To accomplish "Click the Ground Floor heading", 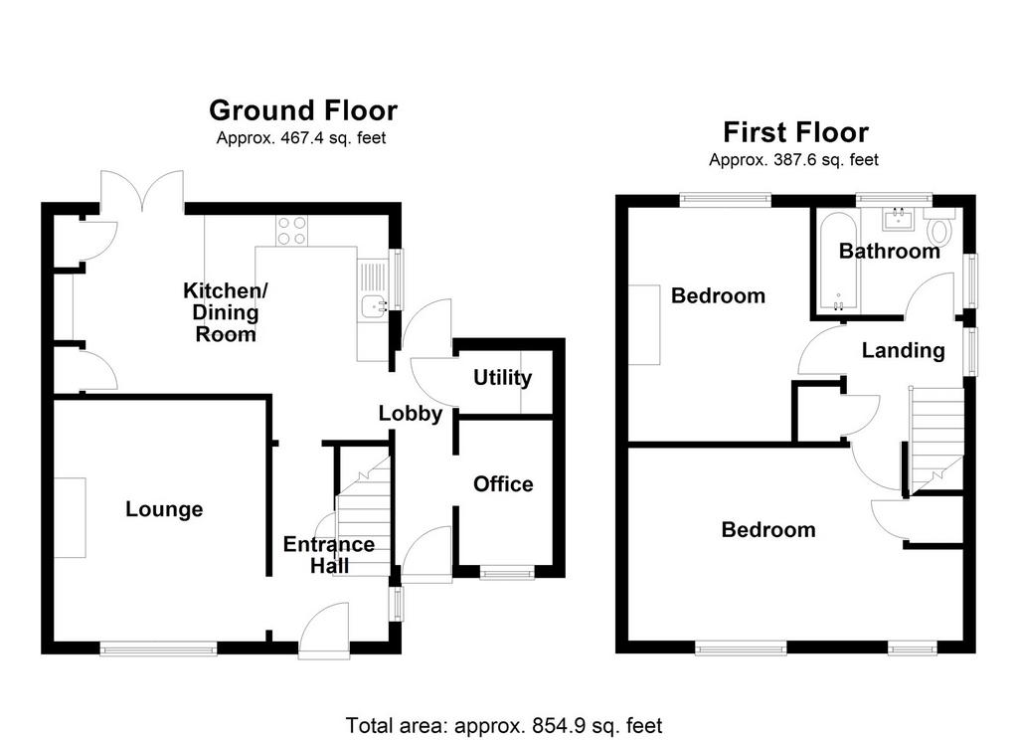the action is click(x=303, y=111).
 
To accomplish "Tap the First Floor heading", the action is click(x=795, y=132).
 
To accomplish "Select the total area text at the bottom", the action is click(x=504, y=725).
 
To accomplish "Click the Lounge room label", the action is click(x=164, y=509).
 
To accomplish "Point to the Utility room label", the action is click(x=502, y=378).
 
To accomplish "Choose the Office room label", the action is click(x=503, y=484).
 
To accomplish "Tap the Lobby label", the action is click(x=411, y=413).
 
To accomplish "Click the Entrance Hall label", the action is click(x=329, y=555).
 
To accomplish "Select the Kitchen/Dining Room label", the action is click(x=226, y=312).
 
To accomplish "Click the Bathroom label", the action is click(x=890, y=251).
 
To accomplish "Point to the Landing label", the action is click(x=903, y=351).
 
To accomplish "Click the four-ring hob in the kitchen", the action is click(x=292, y=231).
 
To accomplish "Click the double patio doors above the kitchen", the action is click(x=142, y=190).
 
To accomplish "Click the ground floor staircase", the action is click(x=363, y=516).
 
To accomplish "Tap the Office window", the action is click(x=507, y=572).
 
